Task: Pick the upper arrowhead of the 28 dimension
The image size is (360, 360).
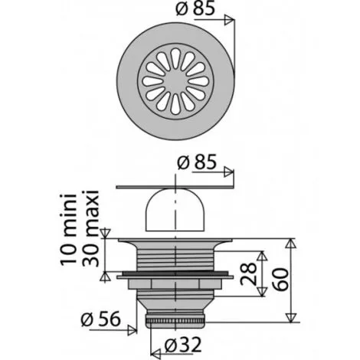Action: (263, 254)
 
